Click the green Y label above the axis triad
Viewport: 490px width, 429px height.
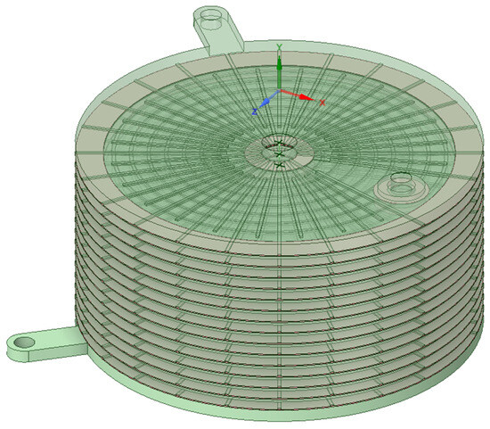(x=280, y=47)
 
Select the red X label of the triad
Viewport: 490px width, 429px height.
(x=322, y=103)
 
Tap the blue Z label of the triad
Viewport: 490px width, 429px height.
(x=255, y=111)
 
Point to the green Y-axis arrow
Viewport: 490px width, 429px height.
(x=280, y=71)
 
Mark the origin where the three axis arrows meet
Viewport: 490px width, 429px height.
(x=280, y=90)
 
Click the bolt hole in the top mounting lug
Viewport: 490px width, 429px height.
(x=211, y=17)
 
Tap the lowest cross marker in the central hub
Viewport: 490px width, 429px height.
(x=280, y=165)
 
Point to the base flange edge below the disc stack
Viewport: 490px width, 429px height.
(x=267, y=414)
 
